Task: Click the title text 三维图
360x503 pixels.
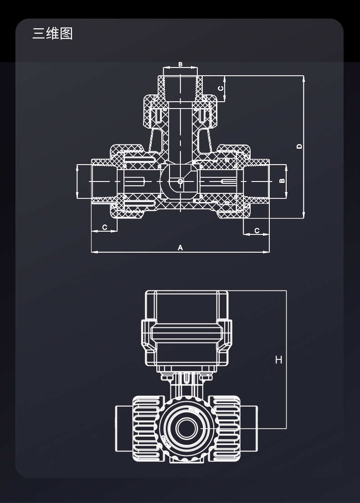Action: [x=52, y=33]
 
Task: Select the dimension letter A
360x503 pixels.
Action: [x=180, y=248]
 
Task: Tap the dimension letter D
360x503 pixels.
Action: [x=299, y=146]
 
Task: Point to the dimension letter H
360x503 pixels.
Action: [x=278, y=360]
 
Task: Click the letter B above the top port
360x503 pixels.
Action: [x=180, y=64]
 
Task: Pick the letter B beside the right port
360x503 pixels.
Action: [x=282, y=181]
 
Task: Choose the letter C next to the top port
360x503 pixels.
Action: [x=221, y=88]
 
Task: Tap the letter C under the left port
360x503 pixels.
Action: [x=104, y=227]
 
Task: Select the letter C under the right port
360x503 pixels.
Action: [x=257, y=231]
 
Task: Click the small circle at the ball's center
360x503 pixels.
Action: [x=180, y=181]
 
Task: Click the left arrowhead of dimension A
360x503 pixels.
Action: [x=93, y=252]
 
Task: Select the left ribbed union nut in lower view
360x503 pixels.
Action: [x=147, y=428]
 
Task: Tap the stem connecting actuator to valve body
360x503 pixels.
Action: [x=186, y=385]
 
